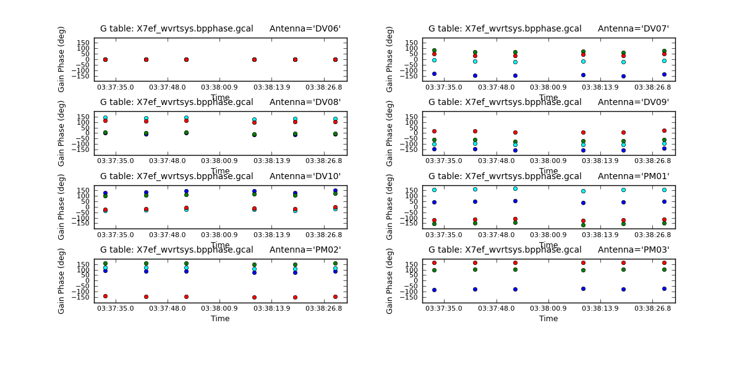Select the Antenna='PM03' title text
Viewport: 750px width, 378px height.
(x=633, y=250)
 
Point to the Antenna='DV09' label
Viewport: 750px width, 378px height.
(x=633, y=102)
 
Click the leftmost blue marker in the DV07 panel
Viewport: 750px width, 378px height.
(x=434, y=73)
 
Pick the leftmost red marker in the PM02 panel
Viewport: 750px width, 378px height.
(x=105, y=296)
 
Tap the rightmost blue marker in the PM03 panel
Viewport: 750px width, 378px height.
(x=664, y=288)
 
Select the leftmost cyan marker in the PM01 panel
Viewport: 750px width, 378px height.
(x=434, y=190)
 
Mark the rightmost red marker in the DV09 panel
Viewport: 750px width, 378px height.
(x=664, y=130)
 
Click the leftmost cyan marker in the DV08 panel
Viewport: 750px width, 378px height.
(x=105, y=117)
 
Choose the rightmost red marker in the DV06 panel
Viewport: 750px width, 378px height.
(x=335, y=59)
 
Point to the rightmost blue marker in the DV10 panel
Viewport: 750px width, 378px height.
(x=335, y=191)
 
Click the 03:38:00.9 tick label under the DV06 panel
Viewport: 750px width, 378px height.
(x=220, y=87)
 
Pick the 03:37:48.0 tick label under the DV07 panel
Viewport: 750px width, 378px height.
(x=495, y=87)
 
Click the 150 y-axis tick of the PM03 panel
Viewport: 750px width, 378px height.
(x=417, y=264)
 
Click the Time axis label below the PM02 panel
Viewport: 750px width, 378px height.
(x=220, y=319)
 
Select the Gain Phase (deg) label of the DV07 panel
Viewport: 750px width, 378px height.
(x=390, y=59)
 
